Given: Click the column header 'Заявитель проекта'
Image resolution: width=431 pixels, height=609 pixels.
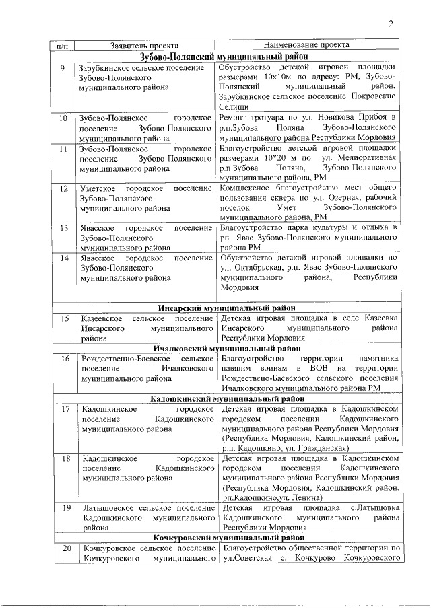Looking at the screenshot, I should tap(143, 45).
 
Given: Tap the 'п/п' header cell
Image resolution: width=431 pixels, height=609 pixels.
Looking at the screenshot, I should tap(62, 46).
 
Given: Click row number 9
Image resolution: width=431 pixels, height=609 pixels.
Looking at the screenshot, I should tap(62, 69).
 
